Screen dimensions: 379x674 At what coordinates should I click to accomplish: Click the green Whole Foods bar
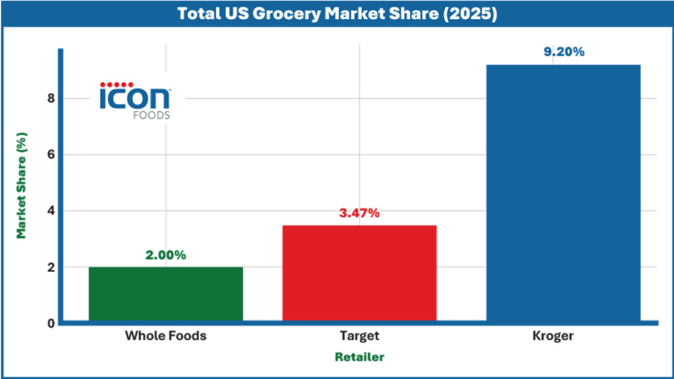coord(166,294)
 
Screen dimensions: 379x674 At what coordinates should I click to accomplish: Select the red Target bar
coord(359,273)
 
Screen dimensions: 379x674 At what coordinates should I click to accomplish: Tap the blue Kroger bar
coord(563,193)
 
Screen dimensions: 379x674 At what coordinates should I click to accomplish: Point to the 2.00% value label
coord(166,255)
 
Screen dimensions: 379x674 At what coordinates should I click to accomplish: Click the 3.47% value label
coord(359,213)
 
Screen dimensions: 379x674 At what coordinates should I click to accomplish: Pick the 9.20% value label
coord(563,52)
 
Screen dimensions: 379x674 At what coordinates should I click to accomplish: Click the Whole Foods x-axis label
coord(166,336)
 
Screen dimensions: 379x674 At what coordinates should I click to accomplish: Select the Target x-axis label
coord(359,336)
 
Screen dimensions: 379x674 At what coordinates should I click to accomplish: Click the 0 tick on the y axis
coord(49,324)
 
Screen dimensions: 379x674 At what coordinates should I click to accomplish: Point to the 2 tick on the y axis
coord(49,268)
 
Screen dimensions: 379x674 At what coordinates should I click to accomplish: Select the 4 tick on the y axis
coord(49,211)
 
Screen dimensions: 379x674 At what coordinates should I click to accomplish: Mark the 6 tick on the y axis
coord(49,155)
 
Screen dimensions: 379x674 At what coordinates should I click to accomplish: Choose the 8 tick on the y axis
coord(49,99)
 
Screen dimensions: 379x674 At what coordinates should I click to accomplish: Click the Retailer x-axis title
coord(359,357)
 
